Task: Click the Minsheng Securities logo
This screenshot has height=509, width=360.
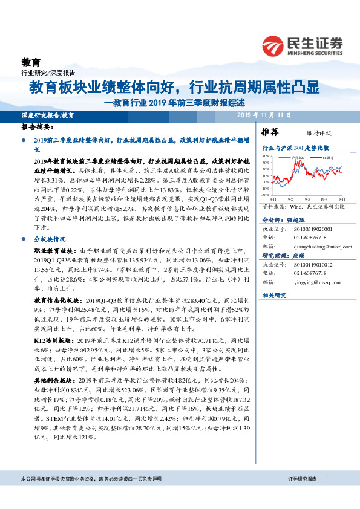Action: pyautogui.click(x=303, y=45)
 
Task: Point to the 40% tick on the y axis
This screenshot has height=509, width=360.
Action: pyautogui.click(x=265, y=155)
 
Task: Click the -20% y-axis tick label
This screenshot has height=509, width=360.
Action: pyautogui.click(x=265, y=195)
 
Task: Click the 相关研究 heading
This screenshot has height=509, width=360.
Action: pyautogui.click(x=274, y=294)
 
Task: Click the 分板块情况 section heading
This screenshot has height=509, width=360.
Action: pyautogui.click(x=50, y=239)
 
